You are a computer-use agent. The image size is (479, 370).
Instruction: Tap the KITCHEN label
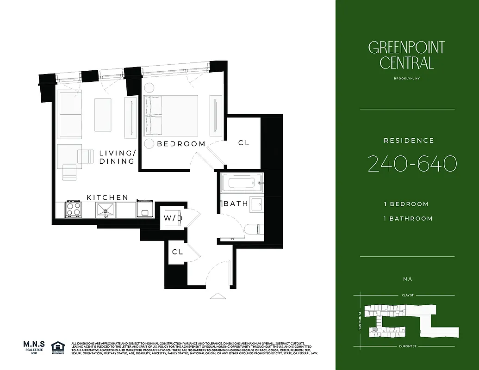pos(107,197)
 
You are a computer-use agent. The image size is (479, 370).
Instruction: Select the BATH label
pos(236,203)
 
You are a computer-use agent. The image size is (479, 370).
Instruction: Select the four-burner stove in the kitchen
pos(73,209)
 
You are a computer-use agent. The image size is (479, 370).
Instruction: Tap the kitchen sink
pos(106,210)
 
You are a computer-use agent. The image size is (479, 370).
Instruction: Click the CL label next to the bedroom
pos(243,143)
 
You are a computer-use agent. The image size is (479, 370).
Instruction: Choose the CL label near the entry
pos(177,252)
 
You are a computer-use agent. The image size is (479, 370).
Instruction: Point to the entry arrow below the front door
pos(217,295)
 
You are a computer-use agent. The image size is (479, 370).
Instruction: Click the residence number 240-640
pos(412,164)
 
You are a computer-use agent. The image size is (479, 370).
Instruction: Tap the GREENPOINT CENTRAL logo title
pos(406,55)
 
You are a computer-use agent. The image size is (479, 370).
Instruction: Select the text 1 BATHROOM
pos(408,218)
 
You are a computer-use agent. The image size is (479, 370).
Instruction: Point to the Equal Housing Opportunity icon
pos(58,347)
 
